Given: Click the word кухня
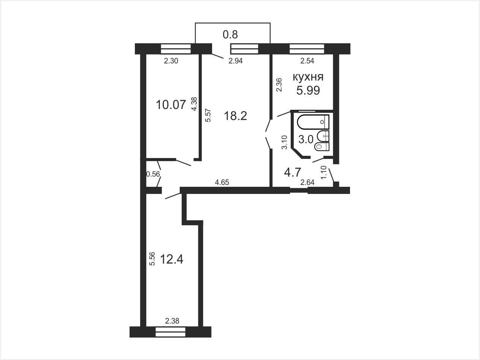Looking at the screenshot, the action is click(308, 77).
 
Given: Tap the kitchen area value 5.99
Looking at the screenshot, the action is click(308, 90).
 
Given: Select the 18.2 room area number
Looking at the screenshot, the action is click(236, 116).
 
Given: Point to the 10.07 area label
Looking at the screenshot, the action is click(171, 105).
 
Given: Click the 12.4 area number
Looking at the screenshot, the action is click(172, 259).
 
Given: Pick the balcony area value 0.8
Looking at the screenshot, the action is click(230, 35).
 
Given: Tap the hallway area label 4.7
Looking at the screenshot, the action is click(293, 172).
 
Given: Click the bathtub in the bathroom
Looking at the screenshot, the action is click(314, 122).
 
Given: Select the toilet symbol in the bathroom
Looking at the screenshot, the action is click(322, 146).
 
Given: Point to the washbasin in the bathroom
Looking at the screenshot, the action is click(323, 136).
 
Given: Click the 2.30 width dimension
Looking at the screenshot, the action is click(171, 61).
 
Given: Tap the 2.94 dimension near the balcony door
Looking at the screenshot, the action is click(236, 61).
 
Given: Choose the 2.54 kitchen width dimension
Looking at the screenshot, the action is click(307, 61).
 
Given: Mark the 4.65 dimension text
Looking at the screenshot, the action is click(222, 182).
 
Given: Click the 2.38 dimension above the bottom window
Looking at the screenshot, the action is click(172, 321).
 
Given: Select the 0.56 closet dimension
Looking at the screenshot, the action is click(153, 174).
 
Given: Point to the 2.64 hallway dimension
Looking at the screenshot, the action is click(307, 182).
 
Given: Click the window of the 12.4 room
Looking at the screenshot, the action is click(170, 332).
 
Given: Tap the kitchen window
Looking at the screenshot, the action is click(307, 49).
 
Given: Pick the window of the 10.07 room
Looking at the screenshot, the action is click(176, 49).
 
